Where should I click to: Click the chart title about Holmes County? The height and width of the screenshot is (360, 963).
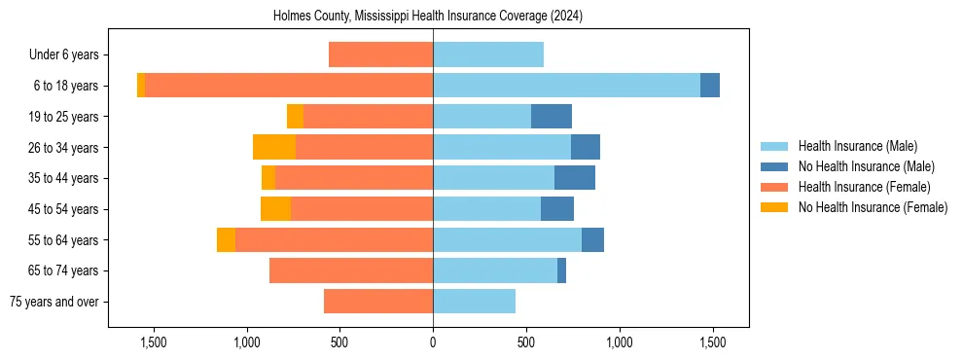434,16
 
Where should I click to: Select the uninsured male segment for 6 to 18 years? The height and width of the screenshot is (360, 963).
710,86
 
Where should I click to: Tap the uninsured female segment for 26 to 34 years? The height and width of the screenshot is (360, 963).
274,147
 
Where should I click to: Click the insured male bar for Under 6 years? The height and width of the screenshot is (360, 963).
488,55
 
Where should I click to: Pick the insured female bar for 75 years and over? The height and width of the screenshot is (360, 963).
378,302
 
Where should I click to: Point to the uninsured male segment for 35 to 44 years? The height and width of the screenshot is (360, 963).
575,178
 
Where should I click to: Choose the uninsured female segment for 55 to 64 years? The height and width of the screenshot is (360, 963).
226,239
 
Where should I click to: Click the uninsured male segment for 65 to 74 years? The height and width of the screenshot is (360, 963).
561,270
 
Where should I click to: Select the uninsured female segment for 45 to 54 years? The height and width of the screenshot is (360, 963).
276,209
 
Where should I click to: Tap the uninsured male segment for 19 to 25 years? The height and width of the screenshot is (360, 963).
552,117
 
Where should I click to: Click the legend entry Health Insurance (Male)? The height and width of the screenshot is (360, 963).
857,146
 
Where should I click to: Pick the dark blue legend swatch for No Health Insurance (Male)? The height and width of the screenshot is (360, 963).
775,166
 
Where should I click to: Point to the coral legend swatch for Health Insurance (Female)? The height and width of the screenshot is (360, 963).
775,187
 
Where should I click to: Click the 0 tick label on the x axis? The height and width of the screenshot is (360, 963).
433,342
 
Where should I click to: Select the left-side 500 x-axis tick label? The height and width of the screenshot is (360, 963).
339,342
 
